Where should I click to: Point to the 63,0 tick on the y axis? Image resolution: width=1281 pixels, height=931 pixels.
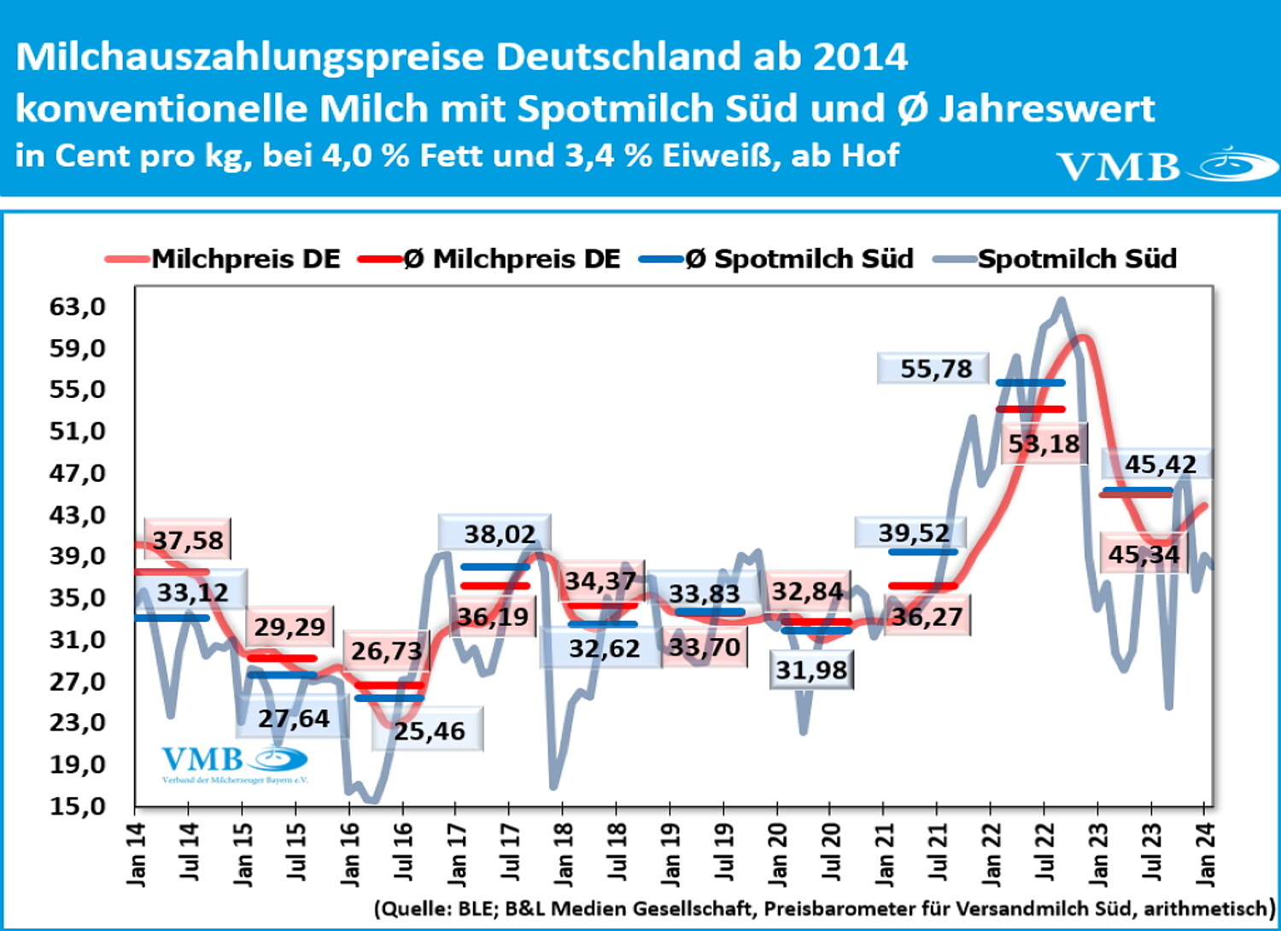pyautogui.click(x=78, y=307)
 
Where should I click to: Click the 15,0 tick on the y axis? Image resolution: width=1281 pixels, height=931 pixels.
pyautogui.click(x=78, y=805)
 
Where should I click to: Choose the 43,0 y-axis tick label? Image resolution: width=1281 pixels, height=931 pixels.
pyautogui.click(x=78, y=515)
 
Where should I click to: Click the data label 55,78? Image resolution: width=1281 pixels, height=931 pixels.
pyautogui.click(x=936, y=369)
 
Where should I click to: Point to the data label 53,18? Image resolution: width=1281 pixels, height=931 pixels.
pyautogui.click(x=1044, y=444)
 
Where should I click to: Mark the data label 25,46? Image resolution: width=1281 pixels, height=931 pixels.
pyautogui.click(x=430, y=731)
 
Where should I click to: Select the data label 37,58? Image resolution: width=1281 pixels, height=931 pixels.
pyautogui.click(x=188, y=541)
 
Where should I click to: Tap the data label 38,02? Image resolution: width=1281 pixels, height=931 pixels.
pyautogui.click(x=500, y=535)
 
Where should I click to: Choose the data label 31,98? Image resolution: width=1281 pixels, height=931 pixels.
pyautogui.click(x=811, y=670)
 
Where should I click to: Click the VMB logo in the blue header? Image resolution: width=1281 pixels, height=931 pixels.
pyautogui.click(x=1166, y=165)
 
